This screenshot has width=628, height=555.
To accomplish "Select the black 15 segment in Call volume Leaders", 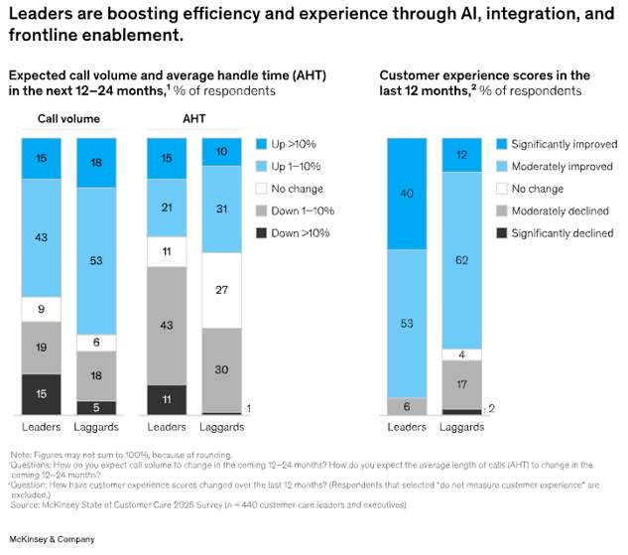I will click(x=42, y=393).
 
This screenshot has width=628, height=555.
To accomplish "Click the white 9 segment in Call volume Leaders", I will click(x=42, y=308).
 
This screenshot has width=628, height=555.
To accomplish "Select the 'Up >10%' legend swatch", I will click(x=263, y=143).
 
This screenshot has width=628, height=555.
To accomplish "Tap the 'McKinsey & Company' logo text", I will click(x=53, y=539).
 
